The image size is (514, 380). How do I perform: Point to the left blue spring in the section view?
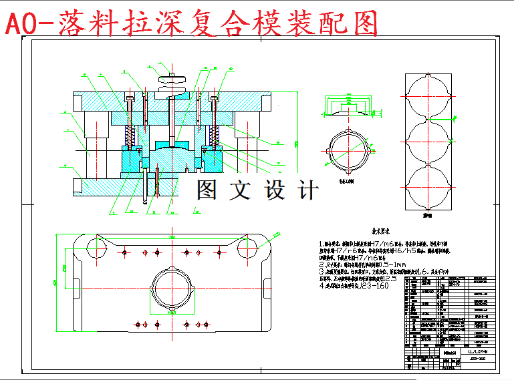[132, 136]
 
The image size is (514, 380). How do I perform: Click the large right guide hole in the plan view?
[251, 248]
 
